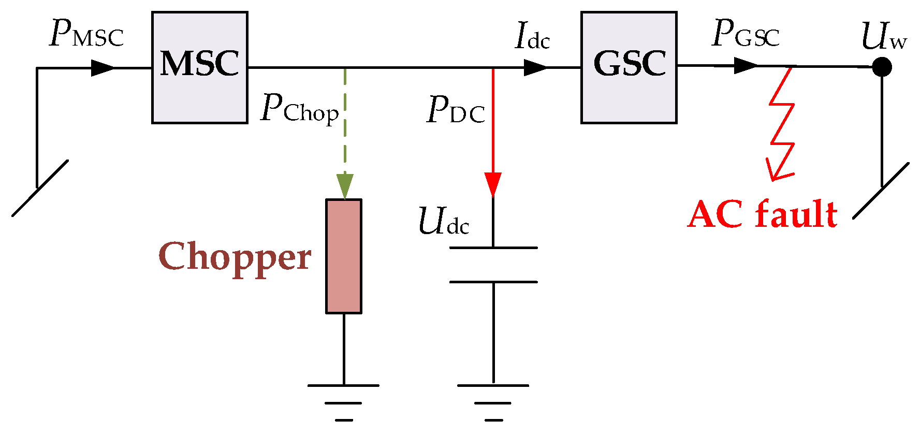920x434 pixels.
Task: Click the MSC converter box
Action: pyautogui.click(x=199, y=67)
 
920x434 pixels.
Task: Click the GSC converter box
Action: pyautogui.click(x=629, y=67)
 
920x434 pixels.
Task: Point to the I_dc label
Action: pyautogui.click(x=532, y=37)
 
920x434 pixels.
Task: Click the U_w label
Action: pyautogui.click(x=883, y=37)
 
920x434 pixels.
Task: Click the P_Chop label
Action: pyautogui.click(x=299, y=109)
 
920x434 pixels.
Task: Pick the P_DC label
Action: pyautogui.click(x=456, y=110)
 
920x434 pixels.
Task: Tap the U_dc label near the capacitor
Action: pyautogui.click(x=443, y=222)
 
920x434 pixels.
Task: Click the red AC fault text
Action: pyautogui.click(x=762, y=214)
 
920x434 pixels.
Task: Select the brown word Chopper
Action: pyautogui.click(x=235, y=257)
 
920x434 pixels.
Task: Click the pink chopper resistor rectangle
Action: pyautogui.click(x=344, y=256)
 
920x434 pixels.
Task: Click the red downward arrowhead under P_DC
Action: pyautogui.click(x=493, y=184)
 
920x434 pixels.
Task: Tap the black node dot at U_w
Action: pyautogui.click(x=882, y=67)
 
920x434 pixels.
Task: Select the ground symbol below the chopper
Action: pyautogui.click(x=344, y=401)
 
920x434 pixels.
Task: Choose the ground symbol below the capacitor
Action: pyautogui.click(x=493, y=401)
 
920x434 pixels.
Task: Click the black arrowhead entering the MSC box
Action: pyautogui.click(x=103, y=68)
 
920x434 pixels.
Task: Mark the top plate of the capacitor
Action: pyautogui.click(x=493, y=248)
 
